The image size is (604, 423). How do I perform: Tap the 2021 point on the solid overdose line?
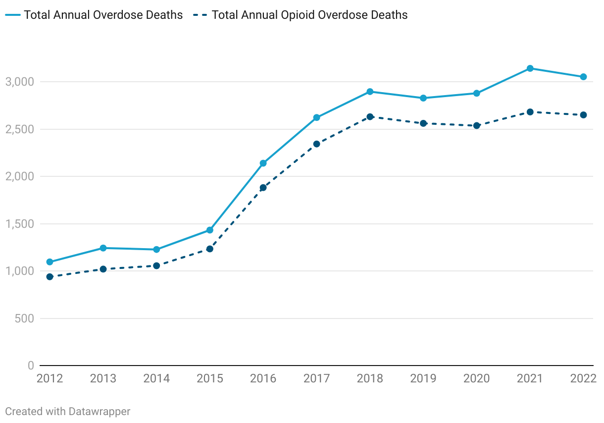530,68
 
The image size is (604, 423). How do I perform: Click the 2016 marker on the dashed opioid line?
263,188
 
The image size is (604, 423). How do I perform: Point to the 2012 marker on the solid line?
50,262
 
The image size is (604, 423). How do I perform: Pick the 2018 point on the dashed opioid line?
370,117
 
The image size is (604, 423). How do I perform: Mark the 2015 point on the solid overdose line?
210,230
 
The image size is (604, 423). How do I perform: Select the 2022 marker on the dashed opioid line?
583,115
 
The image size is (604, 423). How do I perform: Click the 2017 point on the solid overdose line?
316,118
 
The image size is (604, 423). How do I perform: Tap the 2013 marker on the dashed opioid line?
103,269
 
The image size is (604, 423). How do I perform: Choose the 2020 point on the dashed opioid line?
476,126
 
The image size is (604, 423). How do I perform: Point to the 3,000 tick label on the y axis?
19,82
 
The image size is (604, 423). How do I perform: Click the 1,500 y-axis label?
19,224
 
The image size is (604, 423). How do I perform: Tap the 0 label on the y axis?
31,366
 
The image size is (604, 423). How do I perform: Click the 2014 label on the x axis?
156,379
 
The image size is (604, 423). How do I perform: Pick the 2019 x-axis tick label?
423,379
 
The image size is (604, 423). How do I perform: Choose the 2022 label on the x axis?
583,379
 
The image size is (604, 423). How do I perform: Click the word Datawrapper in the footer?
100,412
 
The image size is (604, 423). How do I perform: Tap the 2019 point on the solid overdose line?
423,98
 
